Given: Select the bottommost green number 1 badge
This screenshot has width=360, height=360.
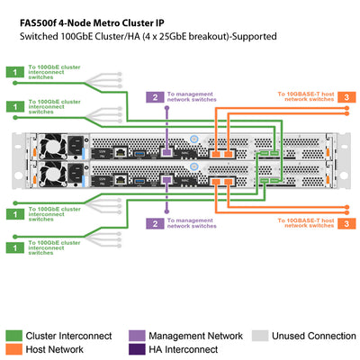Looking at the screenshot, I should point(13,244).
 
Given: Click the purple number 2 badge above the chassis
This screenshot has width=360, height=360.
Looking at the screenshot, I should point(155,96).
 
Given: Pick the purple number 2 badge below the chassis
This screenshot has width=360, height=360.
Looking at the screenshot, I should point(155,222).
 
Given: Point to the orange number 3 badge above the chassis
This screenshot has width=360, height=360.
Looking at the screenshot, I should point(346,96).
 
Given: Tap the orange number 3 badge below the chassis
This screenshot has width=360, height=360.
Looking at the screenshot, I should point(346,222).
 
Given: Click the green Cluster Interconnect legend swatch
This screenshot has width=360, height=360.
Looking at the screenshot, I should point(13,336).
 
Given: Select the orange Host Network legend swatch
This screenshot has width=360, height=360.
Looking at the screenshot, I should point(13,350).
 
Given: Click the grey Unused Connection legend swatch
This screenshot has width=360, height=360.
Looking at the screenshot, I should point(258,336).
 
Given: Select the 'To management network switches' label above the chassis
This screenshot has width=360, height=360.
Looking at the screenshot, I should point(193,96).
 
